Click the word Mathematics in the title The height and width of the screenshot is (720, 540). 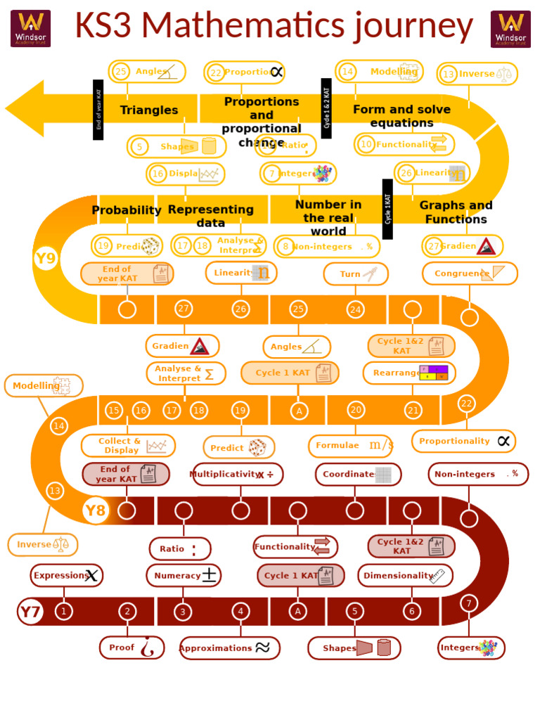pos(275,26)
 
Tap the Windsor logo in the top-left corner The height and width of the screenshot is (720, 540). pos(30,28)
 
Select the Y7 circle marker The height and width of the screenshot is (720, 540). pos(30,612)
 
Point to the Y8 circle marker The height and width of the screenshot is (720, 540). pos(96,510)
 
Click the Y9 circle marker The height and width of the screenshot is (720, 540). pos(45,259)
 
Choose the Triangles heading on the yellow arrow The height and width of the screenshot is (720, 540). pos(149,110)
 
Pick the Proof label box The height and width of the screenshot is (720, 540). pos(132,648)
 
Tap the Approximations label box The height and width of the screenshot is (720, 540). pos(229,648)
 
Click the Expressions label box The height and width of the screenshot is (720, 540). pos(66,575)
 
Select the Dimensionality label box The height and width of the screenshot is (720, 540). pos(405,575)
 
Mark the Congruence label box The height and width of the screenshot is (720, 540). pos(470,274)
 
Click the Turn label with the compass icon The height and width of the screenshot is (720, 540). pos(356,274)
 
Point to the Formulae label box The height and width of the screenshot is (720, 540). pos(351,446)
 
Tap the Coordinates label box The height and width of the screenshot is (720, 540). pos(358,475)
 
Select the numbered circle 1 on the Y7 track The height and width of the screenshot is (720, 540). pos(63,611)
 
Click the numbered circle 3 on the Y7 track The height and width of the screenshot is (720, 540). pos(183,612)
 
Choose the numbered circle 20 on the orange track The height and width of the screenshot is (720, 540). pos(356,410)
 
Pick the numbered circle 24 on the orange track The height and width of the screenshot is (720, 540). pos(355,309)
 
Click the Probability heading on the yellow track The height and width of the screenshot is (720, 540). pos(127,210)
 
